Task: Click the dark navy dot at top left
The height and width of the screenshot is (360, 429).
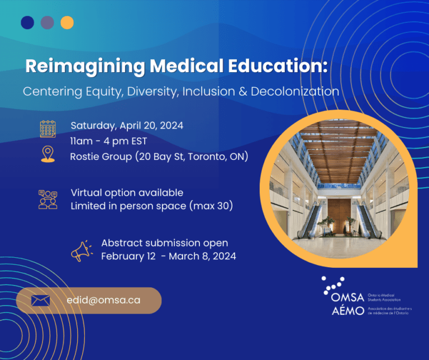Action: pos(27,22)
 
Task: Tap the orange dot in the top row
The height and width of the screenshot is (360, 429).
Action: pos(67,22)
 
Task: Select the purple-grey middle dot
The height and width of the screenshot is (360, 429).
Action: pos(47,22)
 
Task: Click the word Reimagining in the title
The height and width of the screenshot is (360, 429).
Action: pos(85,67)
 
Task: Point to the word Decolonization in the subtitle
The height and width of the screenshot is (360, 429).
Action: pos(295,92)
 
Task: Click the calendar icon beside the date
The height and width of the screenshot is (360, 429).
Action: pos(48,129)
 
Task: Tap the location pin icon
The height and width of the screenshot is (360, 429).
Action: pos(48,154)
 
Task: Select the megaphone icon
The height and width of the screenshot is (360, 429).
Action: pos(82,251)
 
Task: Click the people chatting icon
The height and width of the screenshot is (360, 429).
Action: pos(48,200)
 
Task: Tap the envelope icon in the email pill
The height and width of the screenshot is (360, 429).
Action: pos(40,301)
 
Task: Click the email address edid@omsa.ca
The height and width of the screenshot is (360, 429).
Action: pos(103,300)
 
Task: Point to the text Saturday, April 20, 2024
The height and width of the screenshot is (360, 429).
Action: pos(127,126)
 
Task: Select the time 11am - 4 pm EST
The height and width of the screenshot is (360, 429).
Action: pos(108,141)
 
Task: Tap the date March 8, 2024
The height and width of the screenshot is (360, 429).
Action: pos(202,256)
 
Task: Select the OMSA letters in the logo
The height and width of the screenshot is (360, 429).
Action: pos(347,297)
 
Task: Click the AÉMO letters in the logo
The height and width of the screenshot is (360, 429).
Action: pos(348,310)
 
